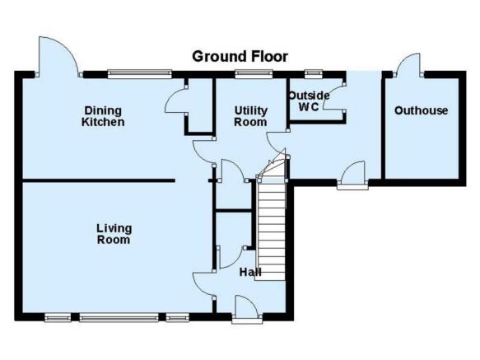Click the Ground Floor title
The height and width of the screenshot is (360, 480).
(x=240, y=57)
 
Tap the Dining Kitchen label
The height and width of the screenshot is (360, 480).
(x=103, y=116)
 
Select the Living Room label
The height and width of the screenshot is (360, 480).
(x=114, y=234)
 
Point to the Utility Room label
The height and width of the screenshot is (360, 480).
(x=251, y=116)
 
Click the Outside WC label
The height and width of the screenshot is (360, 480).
(x=310, y=101)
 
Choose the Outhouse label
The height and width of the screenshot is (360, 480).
(x=422, y=110)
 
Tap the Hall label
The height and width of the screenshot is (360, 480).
(x=250, y=272)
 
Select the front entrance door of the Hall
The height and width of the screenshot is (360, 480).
(x=247, y=309)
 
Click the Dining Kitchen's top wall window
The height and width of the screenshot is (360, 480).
(x=140, y=74)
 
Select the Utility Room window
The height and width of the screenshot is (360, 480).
(x=254, y=74)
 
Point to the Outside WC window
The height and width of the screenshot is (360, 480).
(x=314, y=73)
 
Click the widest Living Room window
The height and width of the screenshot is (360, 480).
(x=119, y=317)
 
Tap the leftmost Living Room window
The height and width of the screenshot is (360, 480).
(x=58, y=317)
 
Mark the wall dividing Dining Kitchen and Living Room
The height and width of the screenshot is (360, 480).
(x=99, y=180)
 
